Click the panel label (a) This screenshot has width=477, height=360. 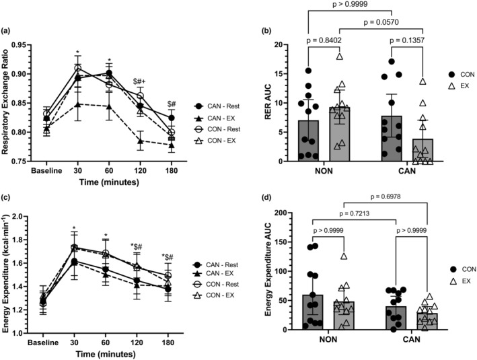(10, 32)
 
